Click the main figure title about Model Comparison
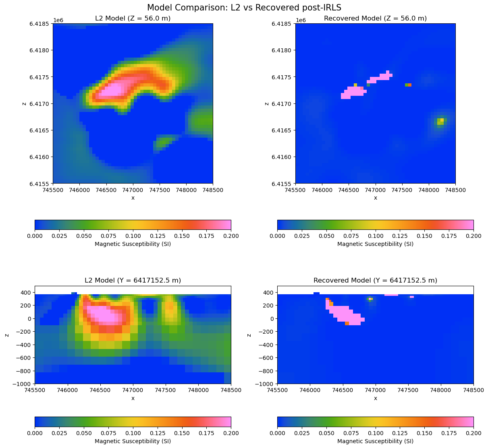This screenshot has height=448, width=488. click(x=244, y=8)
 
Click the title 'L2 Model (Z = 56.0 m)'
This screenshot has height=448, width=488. click(x=133, y=19)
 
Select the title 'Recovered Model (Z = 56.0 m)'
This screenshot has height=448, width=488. click(x=375, y=19)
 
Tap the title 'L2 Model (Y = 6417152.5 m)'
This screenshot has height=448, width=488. click(x=133, y=281)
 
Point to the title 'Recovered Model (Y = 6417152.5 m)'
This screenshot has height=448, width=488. click(x=375, y=281)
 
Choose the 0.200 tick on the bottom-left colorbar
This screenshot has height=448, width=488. click(x=231, y=433)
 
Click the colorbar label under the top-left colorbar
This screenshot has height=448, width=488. click(x=133, y=244)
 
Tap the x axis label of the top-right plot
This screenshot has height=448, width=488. click(x=375, y=198)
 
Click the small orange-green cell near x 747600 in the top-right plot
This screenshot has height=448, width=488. click(x=408, y=85)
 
